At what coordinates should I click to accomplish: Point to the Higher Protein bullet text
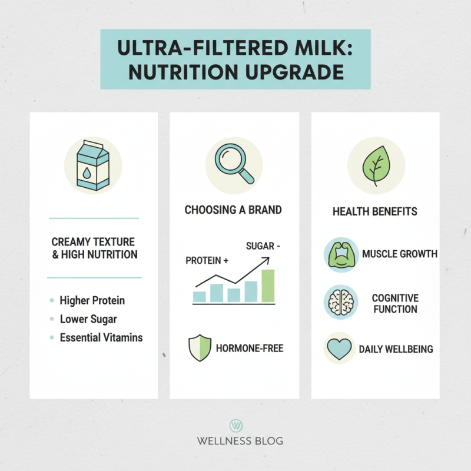click(92, 300)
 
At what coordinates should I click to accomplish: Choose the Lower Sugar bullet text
click(88, 319)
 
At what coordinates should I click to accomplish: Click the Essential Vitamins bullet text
click(101, 338)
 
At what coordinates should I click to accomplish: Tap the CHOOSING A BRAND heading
click(233, 210)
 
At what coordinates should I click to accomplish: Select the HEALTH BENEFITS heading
click(374, 211)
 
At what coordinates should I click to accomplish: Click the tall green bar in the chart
click(268, 286)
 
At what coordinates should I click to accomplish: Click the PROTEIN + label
click(207, 260)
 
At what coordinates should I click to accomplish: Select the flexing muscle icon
click(341, 254)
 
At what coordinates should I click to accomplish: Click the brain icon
click(341, 302)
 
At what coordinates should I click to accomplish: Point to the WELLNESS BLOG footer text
click(235, 441)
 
